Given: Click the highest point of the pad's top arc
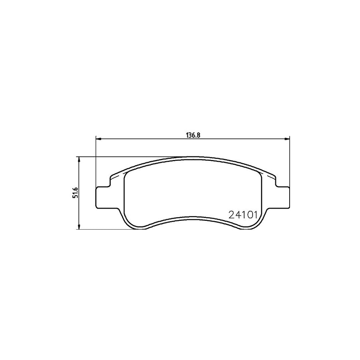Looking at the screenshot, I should click(x=193, y=157).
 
